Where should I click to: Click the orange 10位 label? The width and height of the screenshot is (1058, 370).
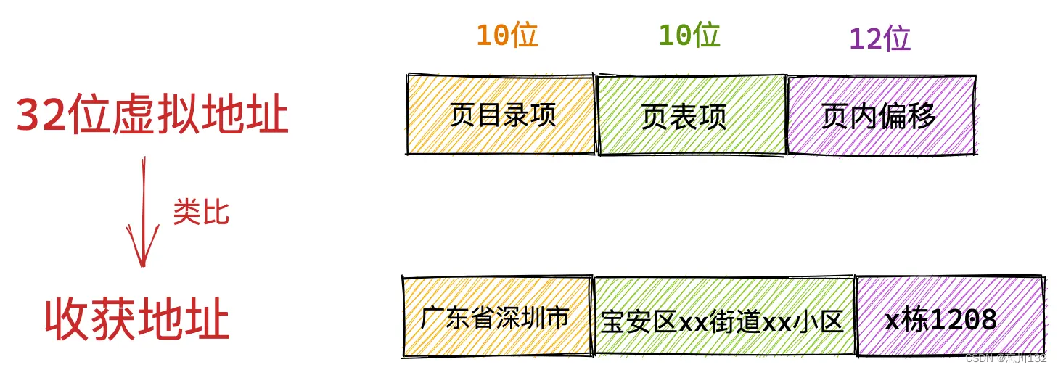click(507, 35)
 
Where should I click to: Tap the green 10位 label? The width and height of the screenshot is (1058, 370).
click(689, 35)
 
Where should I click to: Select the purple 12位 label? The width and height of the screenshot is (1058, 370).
click(879, 38)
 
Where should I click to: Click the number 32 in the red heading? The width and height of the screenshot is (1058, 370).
click(42, 116)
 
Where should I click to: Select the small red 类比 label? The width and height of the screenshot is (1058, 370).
click(201, 213)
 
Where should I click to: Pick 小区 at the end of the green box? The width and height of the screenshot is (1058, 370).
click(825, 321)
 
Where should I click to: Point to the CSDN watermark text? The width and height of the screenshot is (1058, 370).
click(980, 358)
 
